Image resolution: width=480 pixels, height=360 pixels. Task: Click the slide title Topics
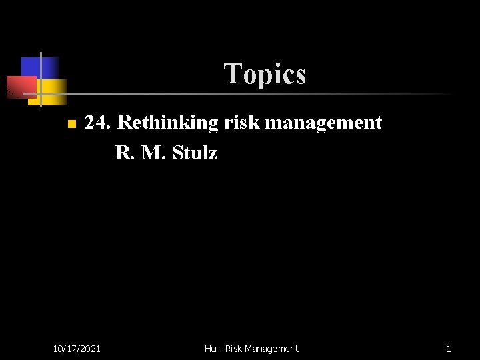(265, 73)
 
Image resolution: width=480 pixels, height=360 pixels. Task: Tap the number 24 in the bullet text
(99, 123)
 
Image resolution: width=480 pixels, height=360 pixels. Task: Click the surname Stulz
(195, 153)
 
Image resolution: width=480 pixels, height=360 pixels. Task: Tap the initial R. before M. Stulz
(123, 153)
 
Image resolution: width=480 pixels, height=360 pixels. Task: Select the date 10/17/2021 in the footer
(77, 348)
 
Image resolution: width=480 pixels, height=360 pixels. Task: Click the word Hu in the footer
(211, 348)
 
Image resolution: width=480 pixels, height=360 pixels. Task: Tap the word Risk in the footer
(233, 348)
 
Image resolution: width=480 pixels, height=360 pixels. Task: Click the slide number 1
(449, 348)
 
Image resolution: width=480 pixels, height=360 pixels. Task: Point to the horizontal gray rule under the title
(267, 95)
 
